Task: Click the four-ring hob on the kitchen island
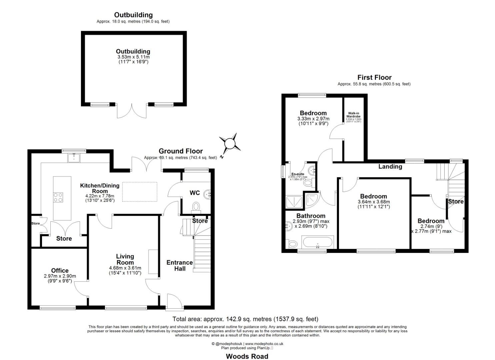pyautogui.click(x=58, y=197)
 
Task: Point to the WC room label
pyautogui.click(x=195, y=193)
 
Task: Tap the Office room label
pyautogui.click(x=60, y=271)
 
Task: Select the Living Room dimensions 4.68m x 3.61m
pyautogui.click(x=125, y=268)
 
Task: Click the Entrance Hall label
pyautogui.click(x=180, y=265)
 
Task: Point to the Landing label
pyautogui.click(x=390, y=166)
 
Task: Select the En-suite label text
pyautogui.click(x=298, y=174)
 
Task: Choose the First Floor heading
pyautogui.click(x=374, y=77)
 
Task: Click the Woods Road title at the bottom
pyautogui.click(x=247, y=356)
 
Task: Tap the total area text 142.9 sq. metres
pyautogui.click(x=245, y=319)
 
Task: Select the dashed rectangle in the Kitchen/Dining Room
pyautogui.click(x=140, y=192)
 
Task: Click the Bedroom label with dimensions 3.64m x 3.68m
pyautogui.click(x=373, y=196)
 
